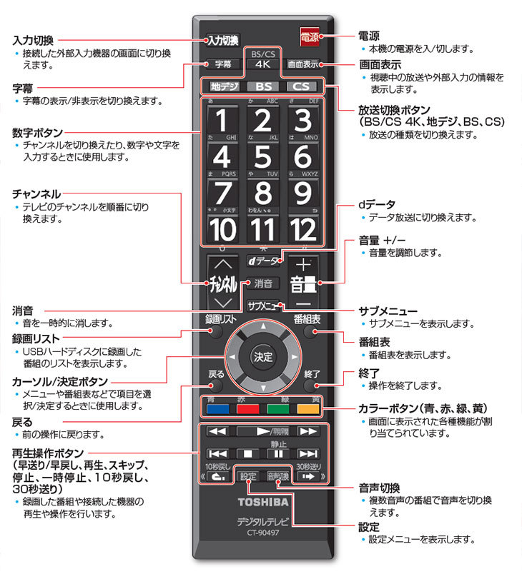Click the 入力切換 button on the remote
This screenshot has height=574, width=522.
click(x=222, y=40)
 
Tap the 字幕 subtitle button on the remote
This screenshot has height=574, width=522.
click(x=222, y=64)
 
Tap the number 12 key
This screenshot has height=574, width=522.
click(x=303, y=230)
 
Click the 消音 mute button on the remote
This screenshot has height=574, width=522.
click(x=262, y=283)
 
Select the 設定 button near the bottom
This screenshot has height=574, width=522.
click(x=247, y=475)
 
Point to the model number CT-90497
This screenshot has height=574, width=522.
click(x=262, y=533)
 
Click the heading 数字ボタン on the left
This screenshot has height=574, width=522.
click(x=37, y=133)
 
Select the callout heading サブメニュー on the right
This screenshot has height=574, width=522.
click(x=388, y=311)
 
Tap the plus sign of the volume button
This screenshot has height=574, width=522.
click(x=303, y=262)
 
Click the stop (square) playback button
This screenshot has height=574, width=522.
click(x=247, y=453)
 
